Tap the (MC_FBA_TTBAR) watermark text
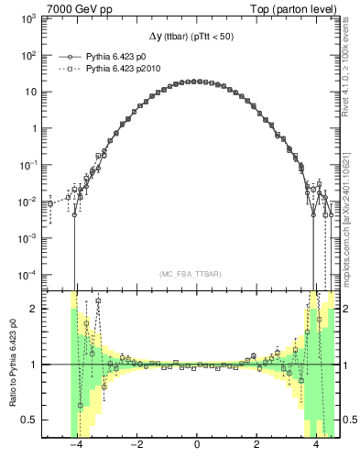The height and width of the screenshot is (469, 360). [196, 274]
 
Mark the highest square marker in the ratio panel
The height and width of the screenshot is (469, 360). [98, 300]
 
